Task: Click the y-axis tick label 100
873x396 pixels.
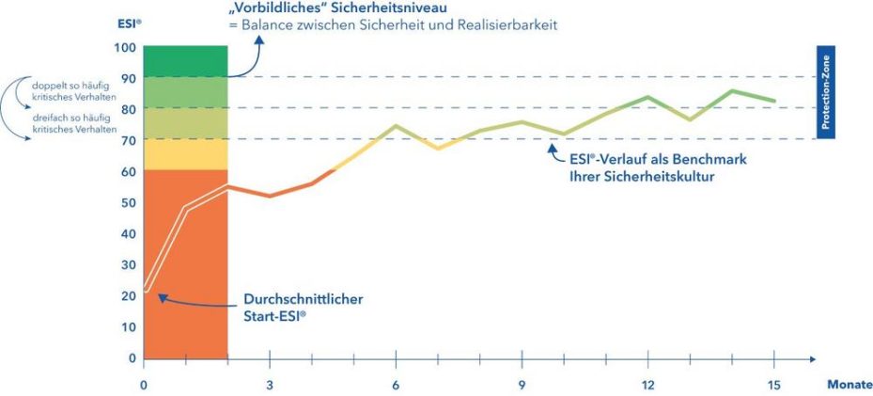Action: click(x=124, y=47)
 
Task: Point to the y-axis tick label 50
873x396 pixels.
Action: click(x=127, y=202)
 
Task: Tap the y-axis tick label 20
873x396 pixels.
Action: click(x=127, y=295)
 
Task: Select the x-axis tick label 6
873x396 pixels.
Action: click(x=396, y=385)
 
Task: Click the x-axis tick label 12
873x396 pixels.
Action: click(x=647, y=385)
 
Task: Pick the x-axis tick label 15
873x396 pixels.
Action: click(x=773, y=385)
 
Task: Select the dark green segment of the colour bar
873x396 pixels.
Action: click(x=186, y=61)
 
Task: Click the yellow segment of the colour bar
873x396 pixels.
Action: click(x=186, y=154)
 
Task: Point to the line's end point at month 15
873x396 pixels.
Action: click(x=773, y=101)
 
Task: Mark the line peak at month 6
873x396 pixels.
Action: click(x=396, y=125)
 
